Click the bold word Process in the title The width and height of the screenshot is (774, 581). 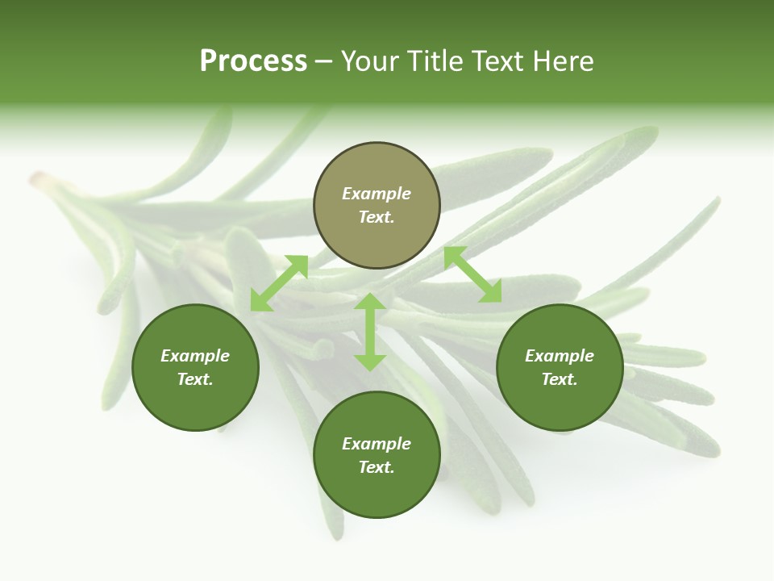pyautogui.click(x=253, y=61)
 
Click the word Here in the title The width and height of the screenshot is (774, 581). pyautogui.click(x=568, y=61)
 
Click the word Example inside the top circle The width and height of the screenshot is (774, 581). pyautogui.click(x=377, y=194)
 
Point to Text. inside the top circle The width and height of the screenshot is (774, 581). pyautogui.click(x=377, y=218)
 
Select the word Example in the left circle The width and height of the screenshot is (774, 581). pyautogui.click(x=195, y=356)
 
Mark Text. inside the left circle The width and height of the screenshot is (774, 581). pyautogui.click(x=195, y=380)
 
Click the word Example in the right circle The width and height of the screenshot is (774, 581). pyautogui.click(x=560, y=356)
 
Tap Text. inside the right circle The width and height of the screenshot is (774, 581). pyautogui.click(x=560, y=380)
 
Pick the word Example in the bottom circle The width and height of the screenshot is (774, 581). pyautogui.click(x=377, y=444)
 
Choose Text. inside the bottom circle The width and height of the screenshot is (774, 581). pyautogui.click(x=377, y=468)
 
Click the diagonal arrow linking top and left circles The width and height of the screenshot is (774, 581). pyautogui.click(x=279, y=283)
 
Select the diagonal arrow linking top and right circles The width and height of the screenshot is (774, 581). pyautogui.click(x=472, y=274)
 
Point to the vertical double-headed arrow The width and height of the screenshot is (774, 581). pyautogui.click(x=370, y=332)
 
